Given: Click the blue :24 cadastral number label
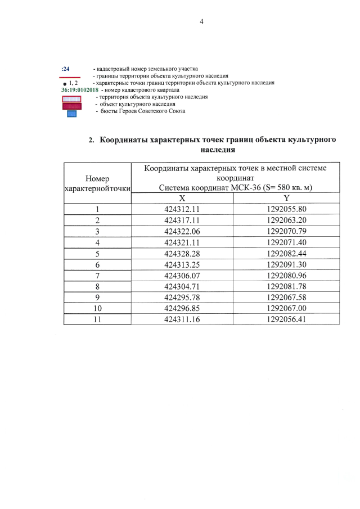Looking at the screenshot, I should (x=65, y=69).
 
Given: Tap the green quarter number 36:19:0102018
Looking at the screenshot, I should (x=79, y=90).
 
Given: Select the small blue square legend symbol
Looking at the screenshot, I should (x=71, y=114).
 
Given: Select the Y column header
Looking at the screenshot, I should (x=287, y=199).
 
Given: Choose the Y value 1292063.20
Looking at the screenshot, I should (x=287, y=220).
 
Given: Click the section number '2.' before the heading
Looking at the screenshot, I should (x=92, y=140).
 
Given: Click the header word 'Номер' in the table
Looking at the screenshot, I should (x=97, y=178).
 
